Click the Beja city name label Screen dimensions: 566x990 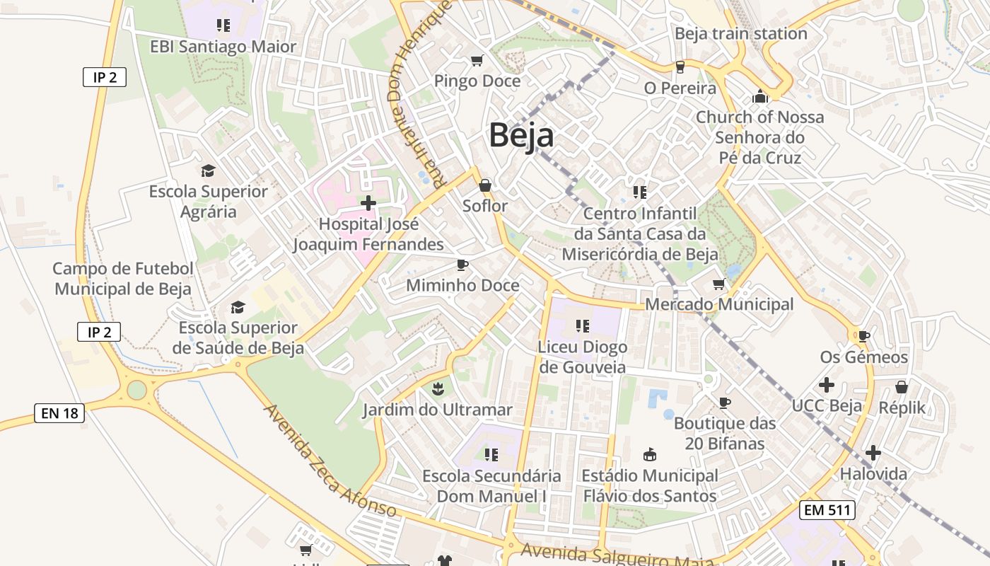(521, 135)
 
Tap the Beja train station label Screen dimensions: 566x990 (740, 33)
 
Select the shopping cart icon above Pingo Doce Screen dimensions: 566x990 (477, 61)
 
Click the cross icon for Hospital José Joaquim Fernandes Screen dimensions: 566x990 (368, 204)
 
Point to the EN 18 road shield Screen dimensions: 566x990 (59, 413)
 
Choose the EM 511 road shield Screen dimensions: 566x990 (828, 509)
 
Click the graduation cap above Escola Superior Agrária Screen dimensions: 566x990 (208, 171)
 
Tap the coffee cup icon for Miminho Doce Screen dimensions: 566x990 (462, 265)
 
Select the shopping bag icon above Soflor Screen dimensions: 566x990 (485, 185)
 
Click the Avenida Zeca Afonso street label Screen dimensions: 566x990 (330, 461)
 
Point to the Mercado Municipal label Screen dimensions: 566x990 (719, 304)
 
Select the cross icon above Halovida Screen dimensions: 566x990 (873, 453)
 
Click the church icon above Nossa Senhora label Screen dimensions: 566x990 (760, 96)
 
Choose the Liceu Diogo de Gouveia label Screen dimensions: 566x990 (582, 357)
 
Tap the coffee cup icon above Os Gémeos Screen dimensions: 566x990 (863, 336)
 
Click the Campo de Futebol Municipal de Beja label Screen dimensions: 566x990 (123, 279)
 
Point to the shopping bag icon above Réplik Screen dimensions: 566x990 (902, 387)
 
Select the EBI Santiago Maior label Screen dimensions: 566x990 (223, 47)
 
